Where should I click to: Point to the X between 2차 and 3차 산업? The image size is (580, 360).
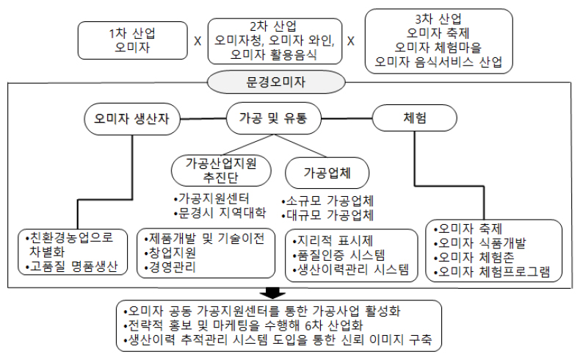(350, 41)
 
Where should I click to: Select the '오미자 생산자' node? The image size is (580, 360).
(131, 119)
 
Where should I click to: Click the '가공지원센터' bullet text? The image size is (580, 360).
(215, 199)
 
